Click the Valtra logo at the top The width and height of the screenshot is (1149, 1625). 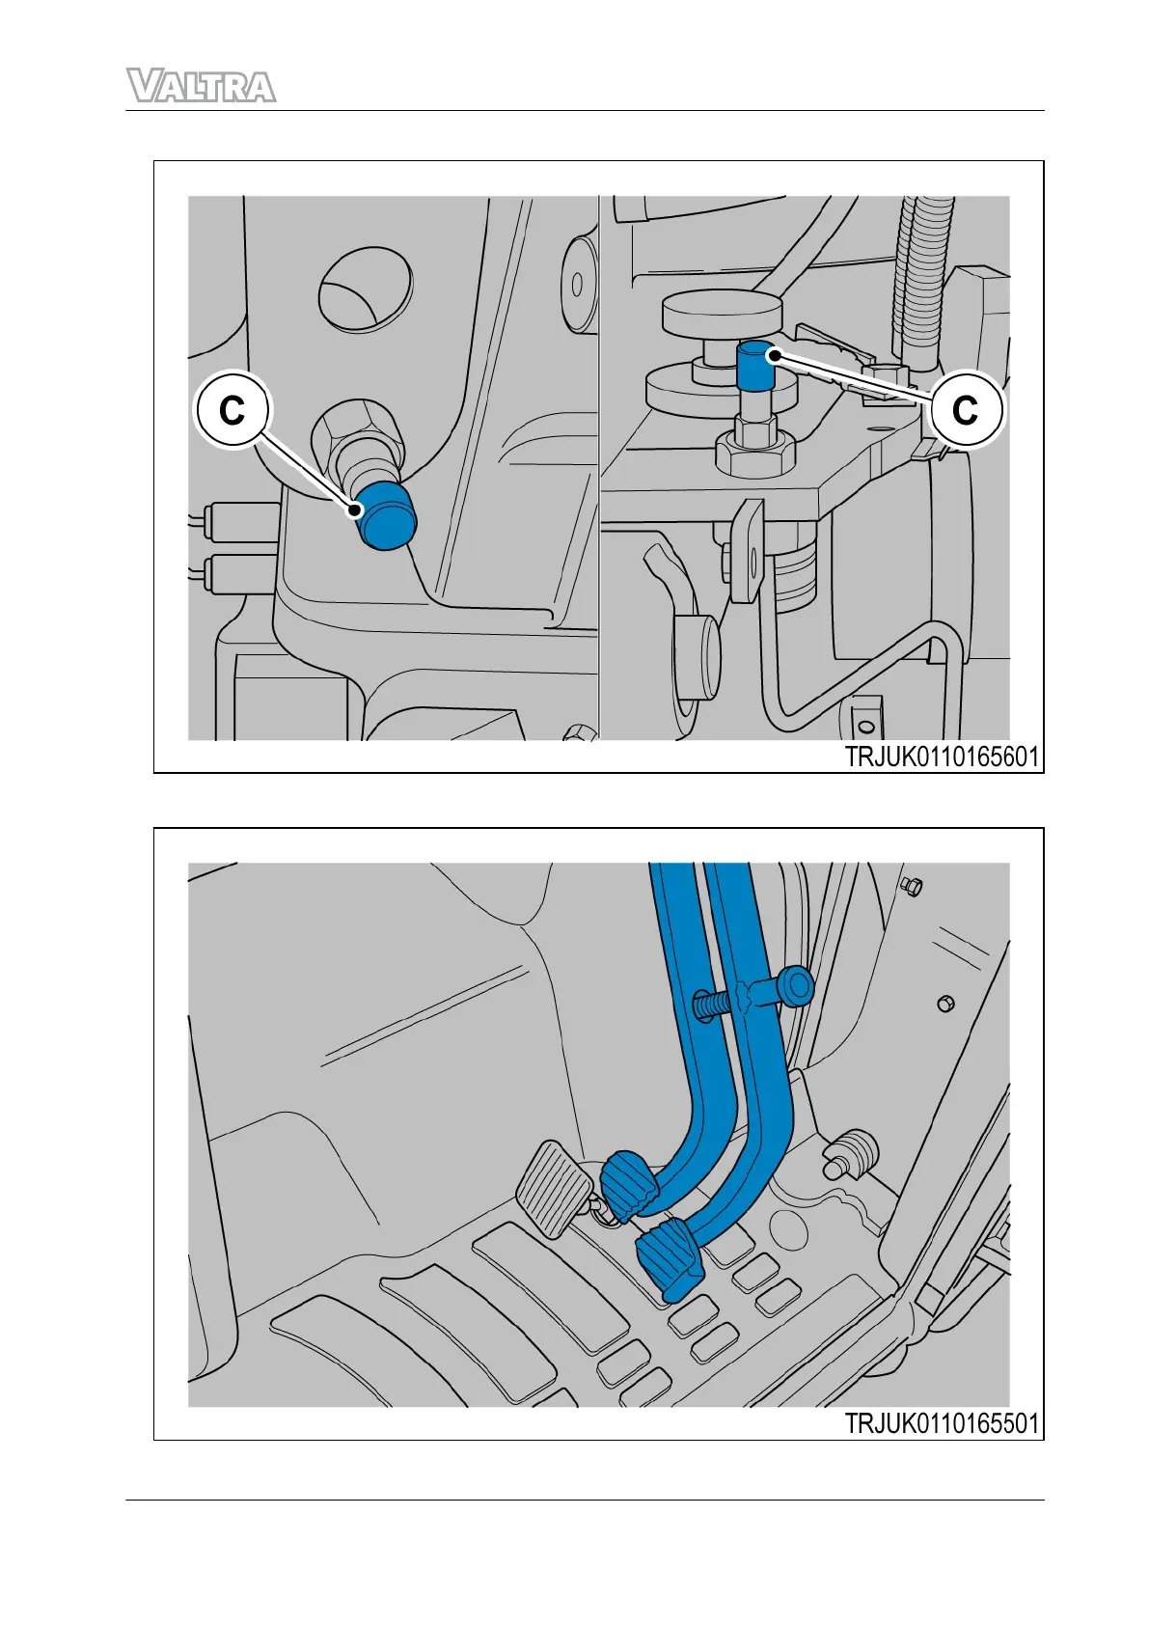click(x=201, y=87)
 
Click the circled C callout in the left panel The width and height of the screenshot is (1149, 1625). click(x=233, y=410)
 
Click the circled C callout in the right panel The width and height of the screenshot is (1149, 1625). click(x=966, y=409)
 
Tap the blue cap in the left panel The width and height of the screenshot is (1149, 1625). click(x=384, y=514)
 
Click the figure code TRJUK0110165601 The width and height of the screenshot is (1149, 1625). click(x=942, y=757)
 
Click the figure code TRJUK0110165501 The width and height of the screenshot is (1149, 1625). click(x=942, y=1423)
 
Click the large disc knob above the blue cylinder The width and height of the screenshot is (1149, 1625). click(x=722, y=311)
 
